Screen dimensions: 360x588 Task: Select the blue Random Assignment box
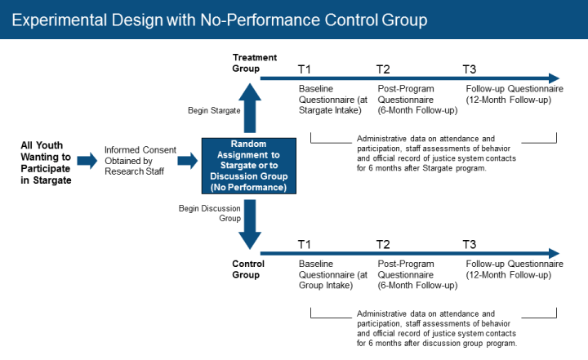point(249,166)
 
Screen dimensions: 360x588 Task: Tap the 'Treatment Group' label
point(255,63)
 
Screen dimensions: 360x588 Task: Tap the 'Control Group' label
point(246,269)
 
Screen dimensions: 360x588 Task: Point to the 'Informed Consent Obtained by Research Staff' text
point(136,162)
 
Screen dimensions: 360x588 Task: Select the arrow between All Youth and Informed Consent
point(87,162)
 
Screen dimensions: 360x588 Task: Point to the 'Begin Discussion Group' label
point(209,214)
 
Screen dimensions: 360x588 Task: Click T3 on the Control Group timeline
point(470,244)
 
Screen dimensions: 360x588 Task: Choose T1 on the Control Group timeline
point(305,244)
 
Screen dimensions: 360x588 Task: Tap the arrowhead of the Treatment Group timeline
point(553,77)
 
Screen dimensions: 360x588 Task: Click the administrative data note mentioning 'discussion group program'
point(437,328)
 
